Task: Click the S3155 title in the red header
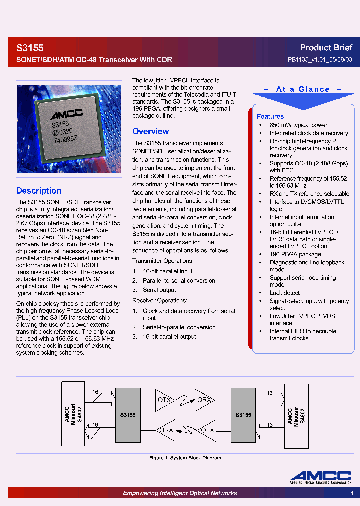[x=30, y=48]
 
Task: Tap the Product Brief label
[x=326, y=48]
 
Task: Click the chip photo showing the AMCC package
[x=69, y=129]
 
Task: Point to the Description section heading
[x=39, y=191]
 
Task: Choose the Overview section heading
[x=150, y=132]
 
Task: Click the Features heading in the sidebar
[x=270, y=116]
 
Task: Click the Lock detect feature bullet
[x=285, y=293]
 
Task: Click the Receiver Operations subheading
[x=159, y=301]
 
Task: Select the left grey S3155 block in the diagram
[x=128, y=415]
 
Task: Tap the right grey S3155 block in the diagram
[x=243, y=415]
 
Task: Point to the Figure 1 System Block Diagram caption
[x=185, y=458]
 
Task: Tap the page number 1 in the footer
[x=352, y=493]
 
